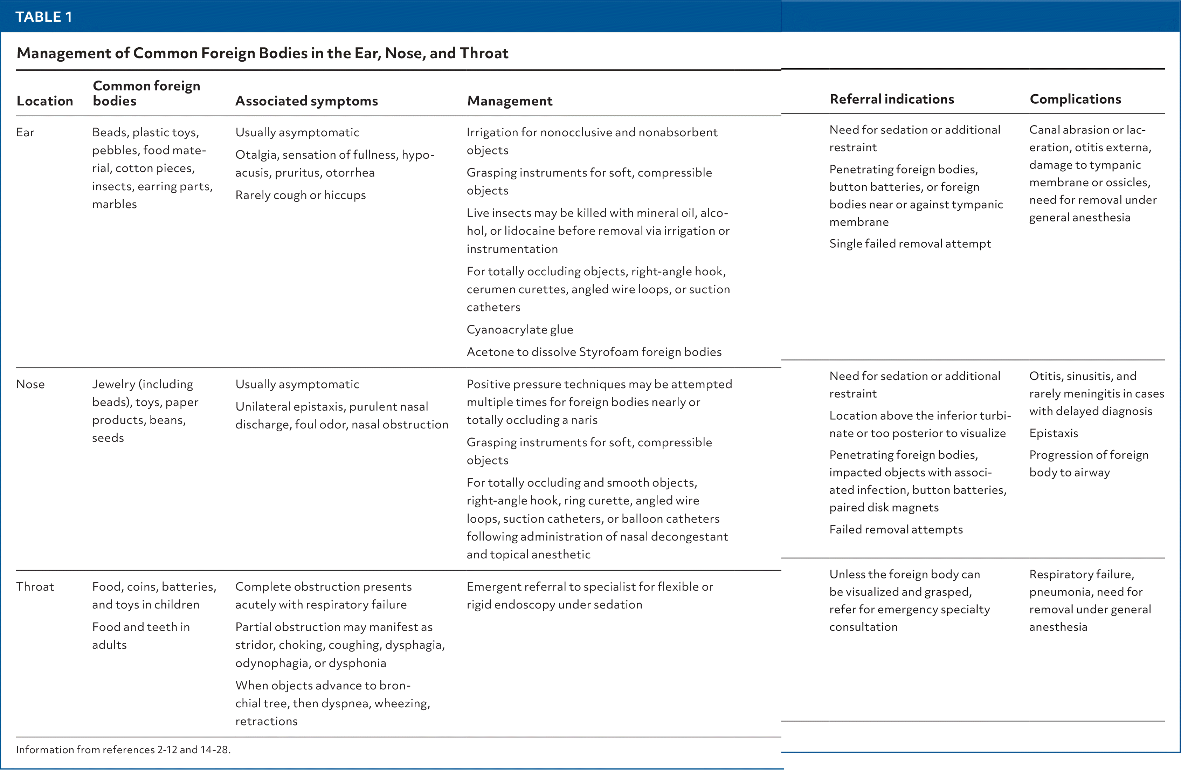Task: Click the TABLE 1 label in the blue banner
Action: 44,17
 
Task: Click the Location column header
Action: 45,101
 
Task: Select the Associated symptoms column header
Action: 306,101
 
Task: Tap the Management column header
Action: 510,101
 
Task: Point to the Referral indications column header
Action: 892,99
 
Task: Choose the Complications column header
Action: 1075,99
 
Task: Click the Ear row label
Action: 25,132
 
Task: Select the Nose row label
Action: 30,384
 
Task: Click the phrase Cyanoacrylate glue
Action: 519,329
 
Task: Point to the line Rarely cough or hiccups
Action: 300,195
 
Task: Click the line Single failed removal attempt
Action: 910,243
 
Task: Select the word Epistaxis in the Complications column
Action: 1054,433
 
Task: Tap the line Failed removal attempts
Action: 896,529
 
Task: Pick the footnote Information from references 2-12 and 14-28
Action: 123,749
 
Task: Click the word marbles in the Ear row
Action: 114,204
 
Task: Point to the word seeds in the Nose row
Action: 108,438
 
